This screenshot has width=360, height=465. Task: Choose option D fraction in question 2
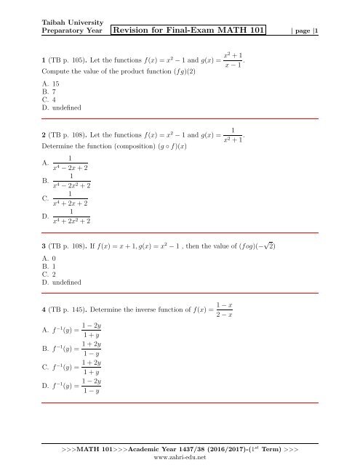pos(70,216)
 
